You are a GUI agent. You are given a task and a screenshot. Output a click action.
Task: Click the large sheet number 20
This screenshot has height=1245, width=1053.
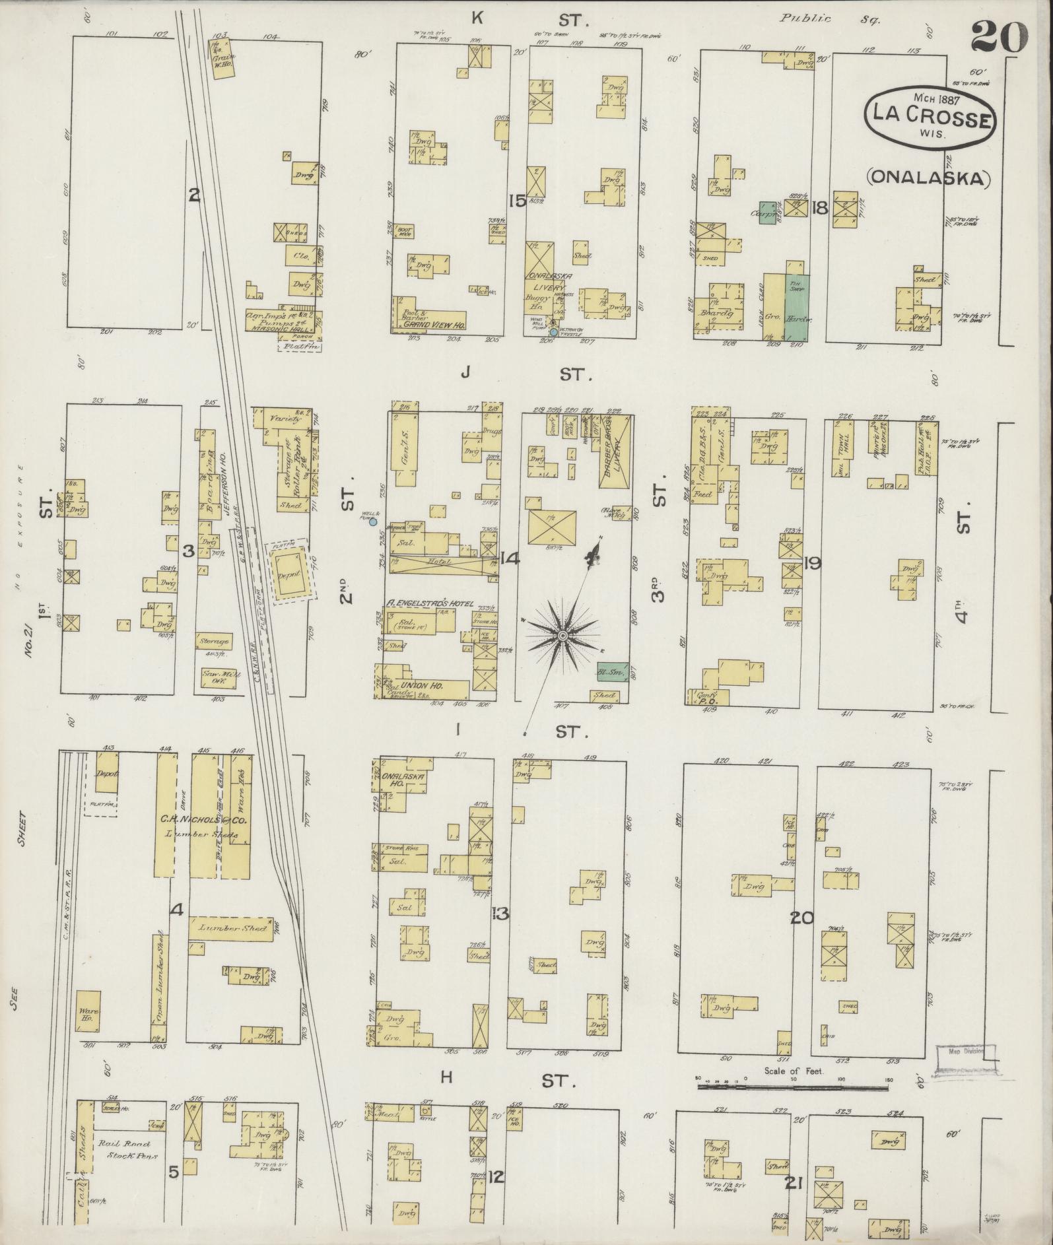[x=999, y=38]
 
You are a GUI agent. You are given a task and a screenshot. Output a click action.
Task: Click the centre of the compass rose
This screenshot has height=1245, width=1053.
[x=562, y=635]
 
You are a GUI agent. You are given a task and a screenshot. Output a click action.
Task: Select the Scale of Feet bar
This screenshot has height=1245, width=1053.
[x=792, y=1083]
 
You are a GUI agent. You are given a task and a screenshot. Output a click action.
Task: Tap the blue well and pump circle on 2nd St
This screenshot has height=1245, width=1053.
[x=372, y=522]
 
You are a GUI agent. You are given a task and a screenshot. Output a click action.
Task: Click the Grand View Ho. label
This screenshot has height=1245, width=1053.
[x=435, y=325]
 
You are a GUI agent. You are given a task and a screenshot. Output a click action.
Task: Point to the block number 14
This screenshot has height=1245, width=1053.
[x=509, y=558]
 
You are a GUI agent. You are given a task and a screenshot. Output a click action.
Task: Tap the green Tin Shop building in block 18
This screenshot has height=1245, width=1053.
[x=797, y=300]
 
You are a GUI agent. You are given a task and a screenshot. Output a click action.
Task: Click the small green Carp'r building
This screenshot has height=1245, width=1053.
[x=766, y=213]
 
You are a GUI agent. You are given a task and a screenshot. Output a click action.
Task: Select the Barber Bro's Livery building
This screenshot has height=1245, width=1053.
[x=615, y=451]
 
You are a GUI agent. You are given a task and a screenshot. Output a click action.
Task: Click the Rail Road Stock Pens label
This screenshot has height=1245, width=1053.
[x=125, y=1150]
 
